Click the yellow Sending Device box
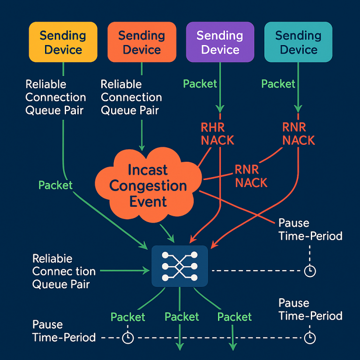[63, 42]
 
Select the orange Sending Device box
[142, 42]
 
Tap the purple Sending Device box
[220, 42]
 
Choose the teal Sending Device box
[298, 42]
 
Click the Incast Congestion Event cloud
[148, 186]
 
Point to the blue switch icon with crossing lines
[180, 266]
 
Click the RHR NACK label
[217, 133]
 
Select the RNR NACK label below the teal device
[299, 133]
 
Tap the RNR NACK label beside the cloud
[251, 176]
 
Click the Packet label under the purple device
[200, 84]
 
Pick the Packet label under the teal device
[278, 84]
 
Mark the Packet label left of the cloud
[55, 185]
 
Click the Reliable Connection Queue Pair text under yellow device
[56, 97]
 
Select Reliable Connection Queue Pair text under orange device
[131, 97]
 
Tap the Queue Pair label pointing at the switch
[64, 271]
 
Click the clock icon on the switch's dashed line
[310, 270]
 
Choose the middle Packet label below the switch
[182, 317]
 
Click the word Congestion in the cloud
[148, 186]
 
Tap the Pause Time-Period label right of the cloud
[310, 229]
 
